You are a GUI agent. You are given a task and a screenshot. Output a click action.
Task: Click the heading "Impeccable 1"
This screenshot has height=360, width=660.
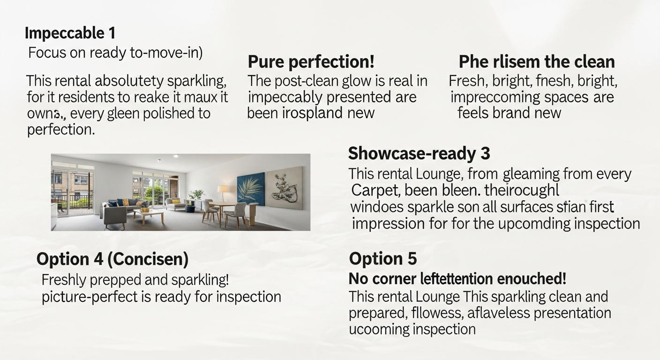(x=70, y=33)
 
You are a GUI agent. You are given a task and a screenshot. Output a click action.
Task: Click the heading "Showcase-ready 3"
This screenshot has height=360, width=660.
(x=419, y=153)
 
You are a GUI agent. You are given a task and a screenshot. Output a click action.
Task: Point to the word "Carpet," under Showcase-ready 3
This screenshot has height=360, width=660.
(x=375, y=191)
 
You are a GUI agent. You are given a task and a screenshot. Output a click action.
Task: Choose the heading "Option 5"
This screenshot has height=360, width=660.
(x=383, y=259)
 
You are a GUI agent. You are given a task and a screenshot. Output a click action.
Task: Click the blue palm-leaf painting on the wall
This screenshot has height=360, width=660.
(x=251, y=189)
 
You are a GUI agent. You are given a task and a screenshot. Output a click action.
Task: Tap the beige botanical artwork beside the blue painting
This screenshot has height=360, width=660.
(x=284, y=187)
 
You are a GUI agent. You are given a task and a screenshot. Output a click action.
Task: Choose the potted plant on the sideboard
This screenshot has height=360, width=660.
(x=196, y=194)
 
